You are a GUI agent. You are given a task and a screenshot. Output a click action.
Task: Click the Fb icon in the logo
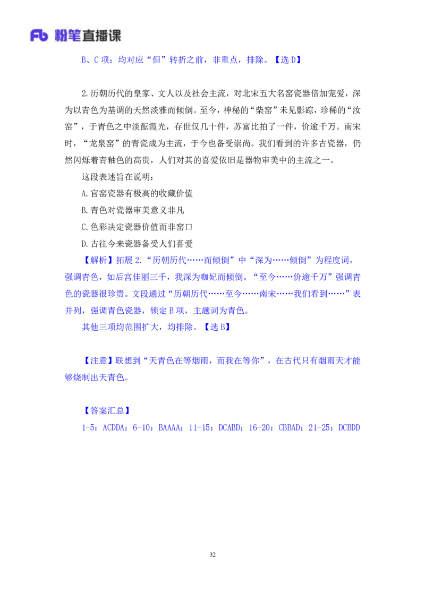(39, 36)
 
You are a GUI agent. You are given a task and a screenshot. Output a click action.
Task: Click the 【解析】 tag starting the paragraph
(98, 260)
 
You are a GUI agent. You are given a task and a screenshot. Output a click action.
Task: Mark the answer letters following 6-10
(169, 427)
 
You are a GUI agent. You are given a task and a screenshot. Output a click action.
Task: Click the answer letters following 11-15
(230, 427)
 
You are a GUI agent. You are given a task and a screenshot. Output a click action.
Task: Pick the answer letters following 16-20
(290, 427)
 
